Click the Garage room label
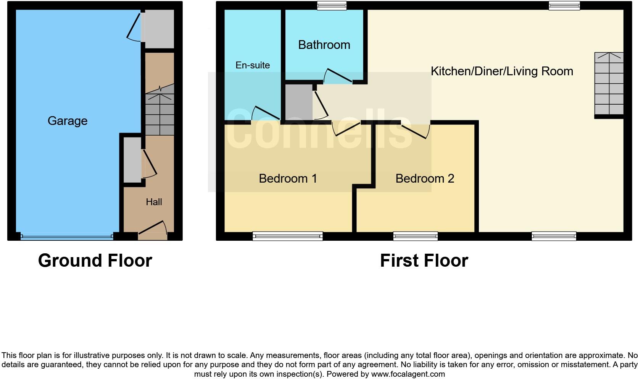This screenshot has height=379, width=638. coord(68,121)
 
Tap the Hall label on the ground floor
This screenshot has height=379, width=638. coord(154,202)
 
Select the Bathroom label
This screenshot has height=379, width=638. coord(324,45)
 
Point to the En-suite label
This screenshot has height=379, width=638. coord(253,65)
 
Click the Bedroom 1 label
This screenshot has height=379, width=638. coord(288,178)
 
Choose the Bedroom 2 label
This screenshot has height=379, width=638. coord(425,178)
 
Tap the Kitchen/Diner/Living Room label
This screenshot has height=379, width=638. coord(502,71)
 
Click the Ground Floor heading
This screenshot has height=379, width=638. coord(95,261)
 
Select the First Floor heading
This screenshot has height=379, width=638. coord(424,261)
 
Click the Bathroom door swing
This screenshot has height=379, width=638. coord(337,76)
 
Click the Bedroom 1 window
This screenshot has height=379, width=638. coord(287,236)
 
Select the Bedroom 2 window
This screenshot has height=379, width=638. coord(416,236)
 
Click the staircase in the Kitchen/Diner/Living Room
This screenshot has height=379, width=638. coord(609,84)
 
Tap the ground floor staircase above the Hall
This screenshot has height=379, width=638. coord(159,110)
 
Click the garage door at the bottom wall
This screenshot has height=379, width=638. coord(67,237)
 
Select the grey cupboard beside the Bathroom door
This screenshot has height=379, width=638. coord(299,102)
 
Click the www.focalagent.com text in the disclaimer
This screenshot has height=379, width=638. coord(408,374)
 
